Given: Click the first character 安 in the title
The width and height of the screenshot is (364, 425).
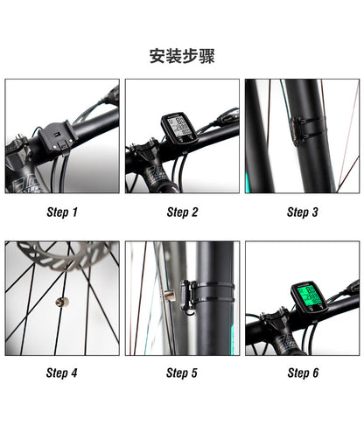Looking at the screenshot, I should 158,57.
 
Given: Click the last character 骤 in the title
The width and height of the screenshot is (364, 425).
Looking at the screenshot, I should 206,57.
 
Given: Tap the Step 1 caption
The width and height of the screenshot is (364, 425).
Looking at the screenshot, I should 62,212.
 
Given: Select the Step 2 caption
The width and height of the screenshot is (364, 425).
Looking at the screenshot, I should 182,212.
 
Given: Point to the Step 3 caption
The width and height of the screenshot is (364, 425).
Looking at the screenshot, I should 302,212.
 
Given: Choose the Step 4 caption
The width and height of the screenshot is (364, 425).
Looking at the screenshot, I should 62,373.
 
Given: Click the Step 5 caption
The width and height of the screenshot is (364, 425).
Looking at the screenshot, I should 182,373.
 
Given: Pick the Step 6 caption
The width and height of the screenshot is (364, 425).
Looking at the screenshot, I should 302,373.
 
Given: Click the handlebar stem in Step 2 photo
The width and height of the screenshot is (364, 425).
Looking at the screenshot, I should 157,175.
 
